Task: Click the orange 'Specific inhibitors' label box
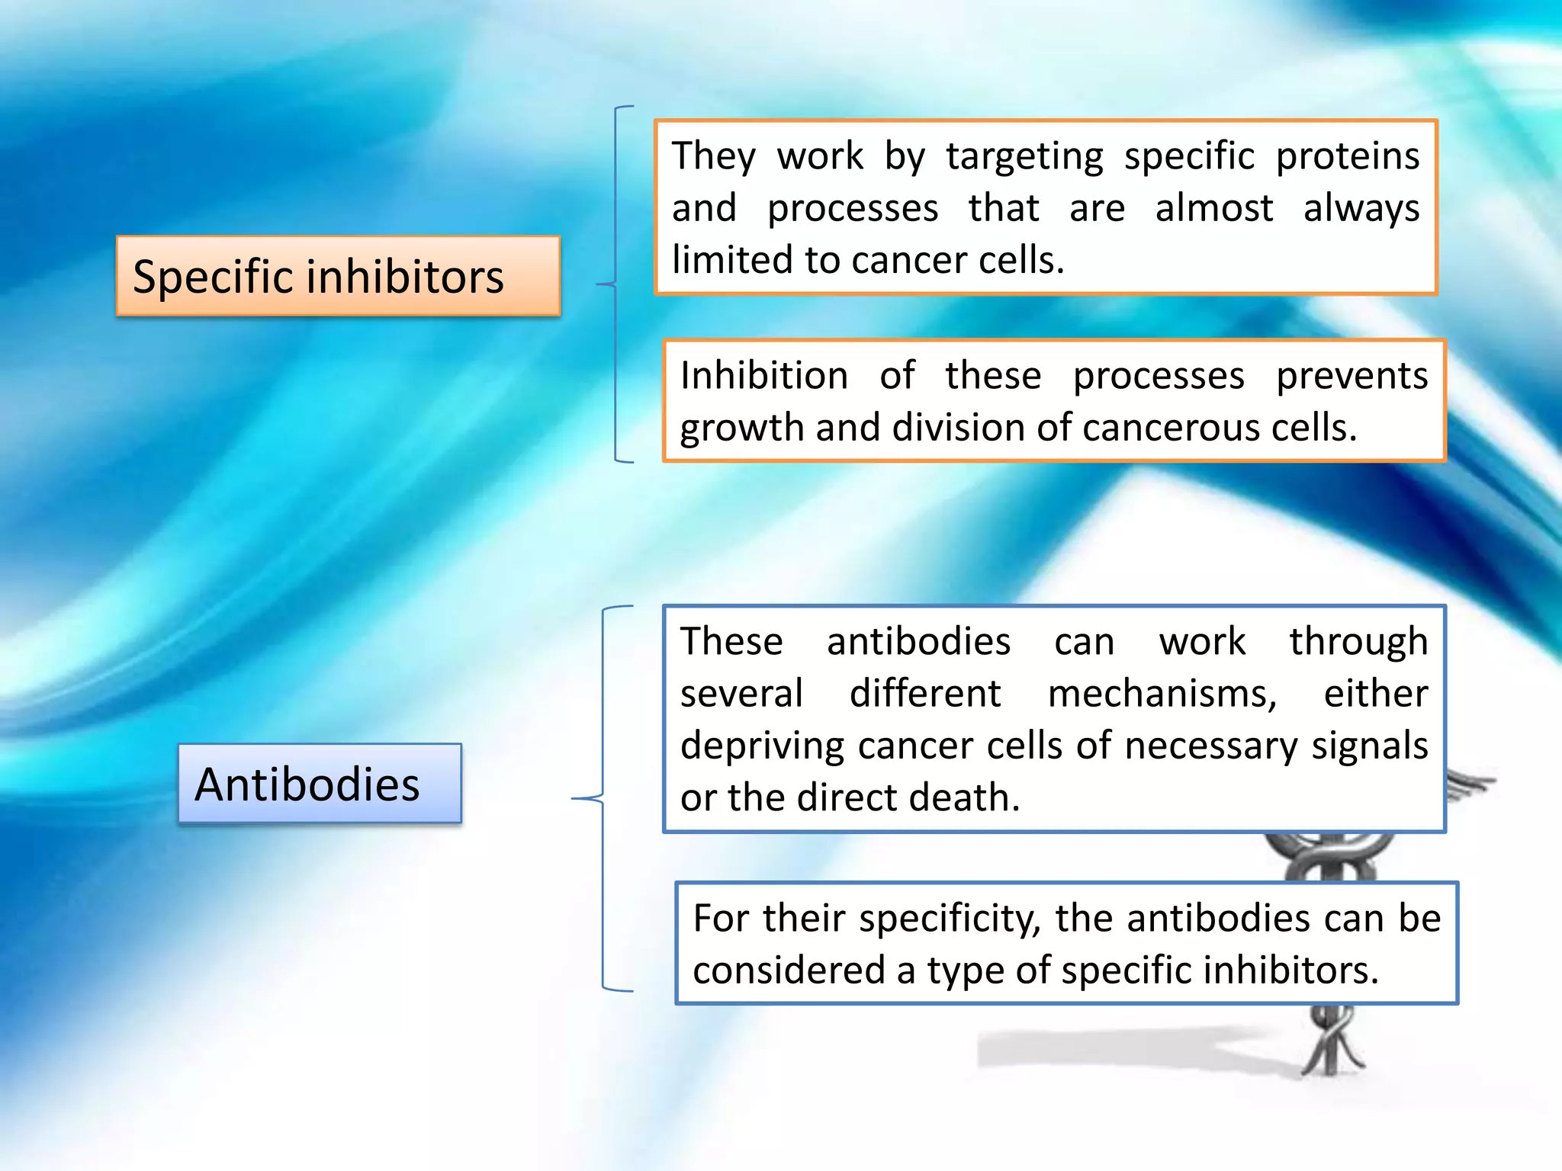[x=338, y=276]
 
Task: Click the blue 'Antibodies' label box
[x=320, y=784]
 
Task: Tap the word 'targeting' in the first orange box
[x=1024, y=157]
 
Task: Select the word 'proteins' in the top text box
[x=1348, y=156]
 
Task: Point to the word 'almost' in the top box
[x=1213, y=208]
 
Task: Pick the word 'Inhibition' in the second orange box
[x=763, y=376]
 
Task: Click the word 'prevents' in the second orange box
[x=1351, y=376]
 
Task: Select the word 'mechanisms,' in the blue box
[x=1162, y=694]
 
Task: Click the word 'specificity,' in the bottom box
[x=950, y=919]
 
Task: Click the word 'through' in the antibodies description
[x=1358, y=642]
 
